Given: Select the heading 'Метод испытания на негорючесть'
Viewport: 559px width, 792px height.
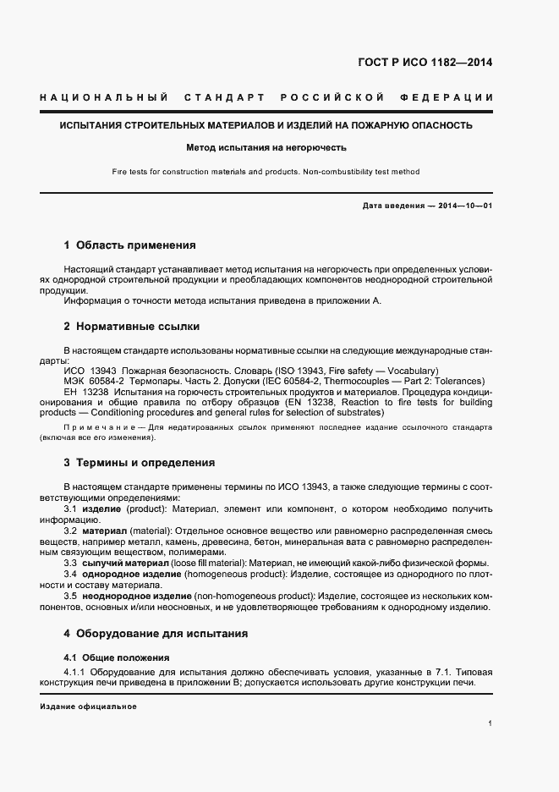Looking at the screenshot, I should pos(266,147).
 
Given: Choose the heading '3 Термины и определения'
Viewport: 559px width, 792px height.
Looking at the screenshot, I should pos(139,463).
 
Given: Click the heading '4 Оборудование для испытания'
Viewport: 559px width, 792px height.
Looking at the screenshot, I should pos(156,633).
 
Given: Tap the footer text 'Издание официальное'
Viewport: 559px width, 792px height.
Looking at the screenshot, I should pos(88,707).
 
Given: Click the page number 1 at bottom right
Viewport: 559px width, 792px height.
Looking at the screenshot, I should pos(490,723).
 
